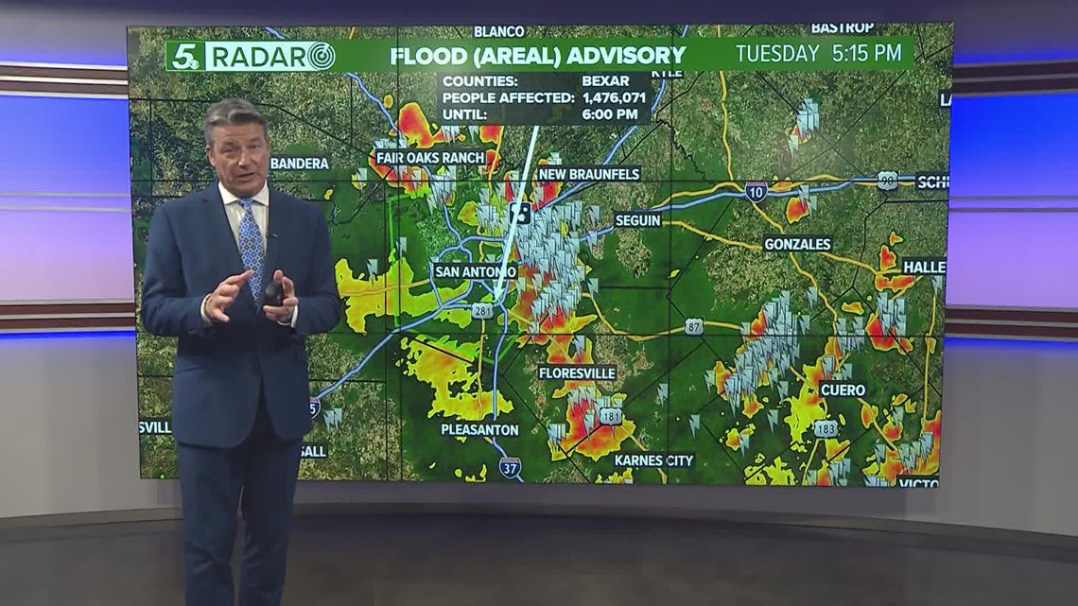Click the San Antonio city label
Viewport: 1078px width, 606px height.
coord(476,271)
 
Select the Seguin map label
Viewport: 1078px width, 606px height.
coord(637,220)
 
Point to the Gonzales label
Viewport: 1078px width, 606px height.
coord(797,244)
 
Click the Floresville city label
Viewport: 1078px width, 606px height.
coord(577,372)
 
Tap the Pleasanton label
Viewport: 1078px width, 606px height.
coord(479,429)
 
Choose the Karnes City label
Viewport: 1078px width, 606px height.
coord(653,460)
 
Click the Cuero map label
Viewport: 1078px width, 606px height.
coord(842,390)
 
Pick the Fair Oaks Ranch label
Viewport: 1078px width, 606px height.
coord(429,157)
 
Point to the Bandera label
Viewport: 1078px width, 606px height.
coord(299,164)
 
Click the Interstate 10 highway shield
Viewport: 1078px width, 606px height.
coord(756,192)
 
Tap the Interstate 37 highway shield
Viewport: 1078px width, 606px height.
coord(510,467)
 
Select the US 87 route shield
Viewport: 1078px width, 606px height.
coord(694,326)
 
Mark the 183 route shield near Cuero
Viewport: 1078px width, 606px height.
coord(826,428)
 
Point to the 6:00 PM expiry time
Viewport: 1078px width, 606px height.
coord(612,114)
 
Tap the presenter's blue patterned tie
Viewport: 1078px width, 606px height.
coord(252,245)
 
